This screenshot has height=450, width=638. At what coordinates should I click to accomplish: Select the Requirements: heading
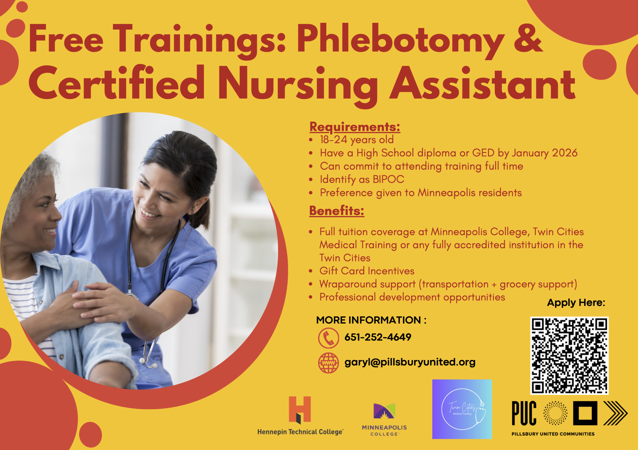pos(355,127)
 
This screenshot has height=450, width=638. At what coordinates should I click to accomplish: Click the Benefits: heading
pos(337,211)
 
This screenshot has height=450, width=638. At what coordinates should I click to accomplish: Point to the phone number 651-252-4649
pos(378,337)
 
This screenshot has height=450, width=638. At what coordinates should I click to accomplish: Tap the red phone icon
pos(328,338)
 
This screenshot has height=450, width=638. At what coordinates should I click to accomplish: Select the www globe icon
pos(328,363)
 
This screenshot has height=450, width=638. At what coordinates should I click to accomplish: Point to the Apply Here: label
pos(576,303)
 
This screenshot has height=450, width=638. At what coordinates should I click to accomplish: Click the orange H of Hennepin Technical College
pos(300,409)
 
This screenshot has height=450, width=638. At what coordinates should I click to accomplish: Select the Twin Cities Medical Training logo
pos(462,409)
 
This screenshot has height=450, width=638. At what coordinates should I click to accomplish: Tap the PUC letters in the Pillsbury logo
pos(524,413)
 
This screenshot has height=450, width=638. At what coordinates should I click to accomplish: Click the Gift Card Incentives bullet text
pos(367,271)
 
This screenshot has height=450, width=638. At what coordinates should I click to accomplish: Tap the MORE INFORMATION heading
pos(371,320)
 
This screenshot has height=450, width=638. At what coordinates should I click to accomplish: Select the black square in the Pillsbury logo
pos(585,413)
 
